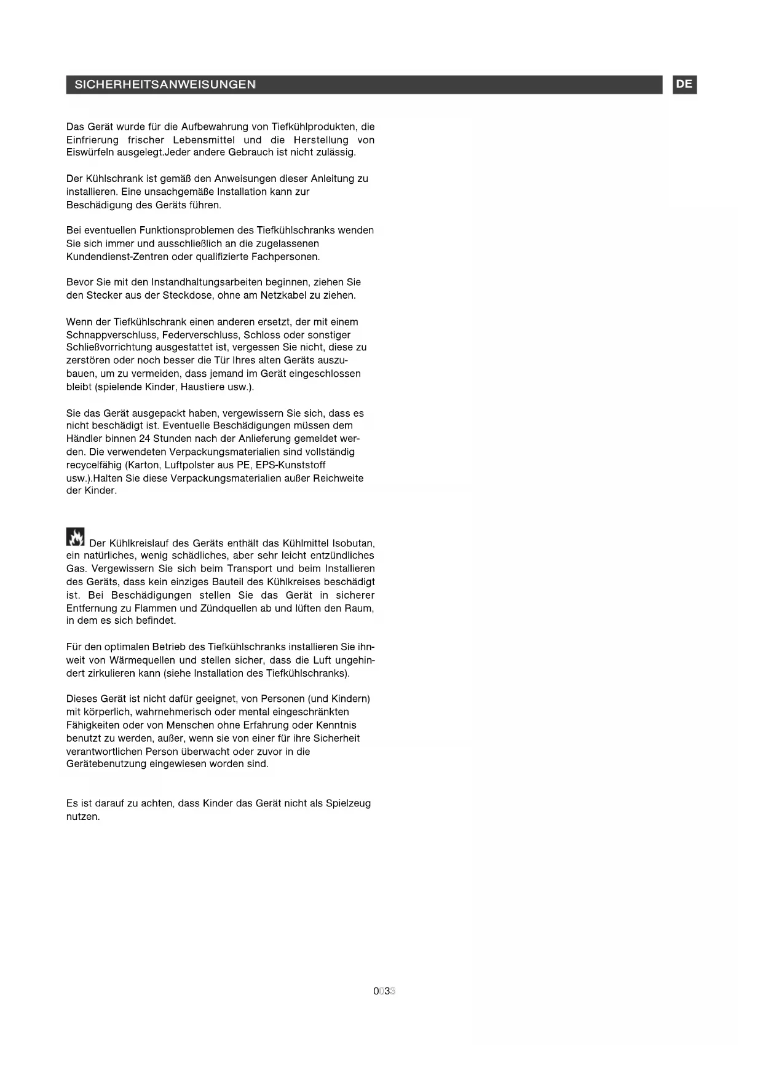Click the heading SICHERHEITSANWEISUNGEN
click(x=165, y=85)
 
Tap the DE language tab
click(x=684, y=84)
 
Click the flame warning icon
click(x=76, y=537)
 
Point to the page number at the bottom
click(x=384, y=991)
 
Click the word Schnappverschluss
click(x=113, y=335)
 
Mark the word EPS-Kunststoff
click(x=290, y=465)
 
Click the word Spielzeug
click(x=348, y=803)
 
